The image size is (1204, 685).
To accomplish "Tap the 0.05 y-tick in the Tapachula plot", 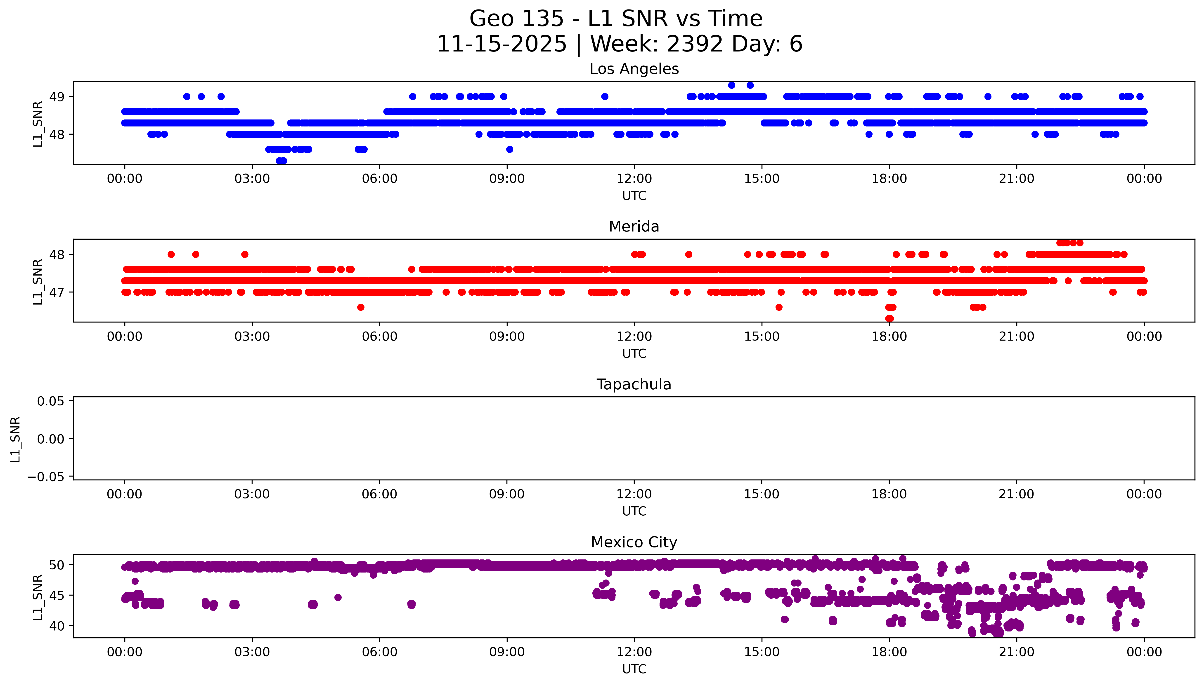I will click(51, 401).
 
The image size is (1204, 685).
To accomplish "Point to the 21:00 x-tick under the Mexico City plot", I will click(1017, 652).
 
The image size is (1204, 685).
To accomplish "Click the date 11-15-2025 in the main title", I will click(502, 44).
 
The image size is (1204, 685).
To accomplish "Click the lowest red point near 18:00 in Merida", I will click(889, 318).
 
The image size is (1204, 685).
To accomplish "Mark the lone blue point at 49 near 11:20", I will click(605, 96).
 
